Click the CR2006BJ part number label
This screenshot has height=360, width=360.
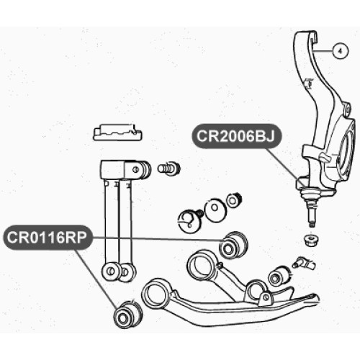(236, 136)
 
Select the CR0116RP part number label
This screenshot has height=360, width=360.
(48, 238)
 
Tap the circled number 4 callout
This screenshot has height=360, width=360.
(341, 51)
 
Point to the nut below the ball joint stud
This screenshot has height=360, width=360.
(310, 240)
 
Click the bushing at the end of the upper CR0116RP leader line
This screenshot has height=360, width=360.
(234, 246)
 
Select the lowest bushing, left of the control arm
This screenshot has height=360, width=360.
(127, 315)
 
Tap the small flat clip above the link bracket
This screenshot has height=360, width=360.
(117, 132)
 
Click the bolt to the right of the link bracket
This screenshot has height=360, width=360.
(169, 168)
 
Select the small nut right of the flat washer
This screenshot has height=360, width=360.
(234, 200)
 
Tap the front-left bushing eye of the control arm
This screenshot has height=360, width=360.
(156, 293)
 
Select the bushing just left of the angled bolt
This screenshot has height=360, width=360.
(279, 276)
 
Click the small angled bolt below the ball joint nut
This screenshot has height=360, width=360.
(304, 264)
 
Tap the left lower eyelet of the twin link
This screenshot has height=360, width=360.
(111, 271)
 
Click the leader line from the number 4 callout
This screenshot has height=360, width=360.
(323, 51)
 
